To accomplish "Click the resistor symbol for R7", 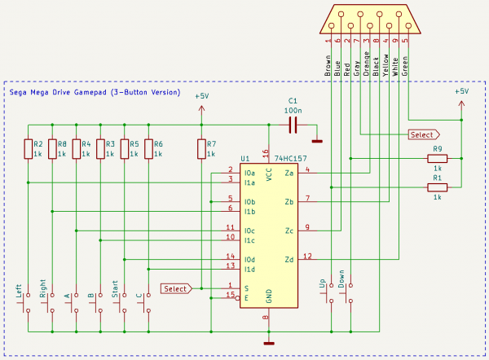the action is [201, 149].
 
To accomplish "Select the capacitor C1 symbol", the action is [293, 125].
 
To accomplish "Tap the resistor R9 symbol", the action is [437, 158].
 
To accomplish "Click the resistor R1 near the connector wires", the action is [437, 187].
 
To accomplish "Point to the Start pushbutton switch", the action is [121, 303].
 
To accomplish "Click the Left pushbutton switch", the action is [24, 303].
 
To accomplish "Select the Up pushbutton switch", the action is [328, 293].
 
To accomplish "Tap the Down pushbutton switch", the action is [347, 293].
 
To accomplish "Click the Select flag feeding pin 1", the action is [176, 288].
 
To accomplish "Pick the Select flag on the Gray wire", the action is [424, 134].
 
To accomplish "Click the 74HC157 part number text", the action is [291, 159].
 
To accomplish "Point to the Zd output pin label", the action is [289, 260].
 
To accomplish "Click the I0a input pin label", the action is [249, 173].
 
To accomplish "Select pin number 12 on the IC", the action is [307, 257].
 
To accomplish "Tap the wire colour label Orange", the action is [367, 64].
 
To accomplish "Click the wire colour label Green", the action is [405, 66].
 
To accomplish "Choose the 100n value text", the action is [293, 110].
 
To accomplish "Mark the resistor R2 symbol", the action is [28, 149].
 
